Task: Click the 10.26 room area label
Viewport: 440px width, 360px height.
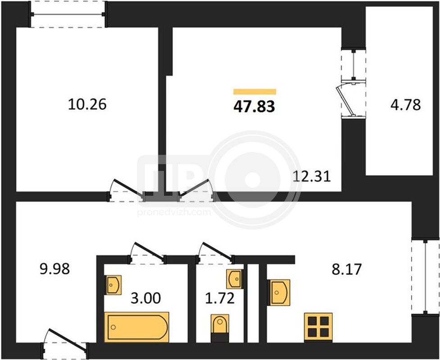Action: pos(87,104)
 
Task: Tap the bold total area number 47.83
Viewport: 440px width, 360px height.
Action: pos(254,107)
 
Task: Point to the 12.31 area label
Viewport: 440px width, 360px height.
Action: pos(312,176)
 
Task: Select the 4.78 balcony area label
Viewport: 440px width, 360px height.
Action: pos(406,104)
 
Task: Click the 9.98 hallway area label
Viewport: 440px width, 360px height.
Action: pos(55,269)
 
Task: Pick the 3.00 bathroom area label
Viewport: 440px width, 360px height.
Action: pos(146,298)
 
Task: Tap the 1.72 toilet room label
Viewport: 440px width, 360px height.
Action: pos(220,298)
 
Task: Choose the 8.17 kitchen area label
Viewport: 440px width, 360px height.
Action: pos(347,269)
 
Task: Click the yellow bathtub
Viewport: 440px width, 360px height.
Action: pos(136,327)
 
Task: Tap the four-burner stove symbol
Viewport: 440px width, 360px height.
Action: pos(318,327)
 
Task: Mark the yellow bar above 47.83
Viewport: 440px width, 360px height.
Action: pos(255,92)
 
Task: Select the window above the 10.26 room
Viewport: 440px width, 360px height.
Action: pos(68,14)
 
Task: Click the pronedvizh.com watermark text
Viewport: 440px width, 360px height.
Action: pos(174,212)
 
